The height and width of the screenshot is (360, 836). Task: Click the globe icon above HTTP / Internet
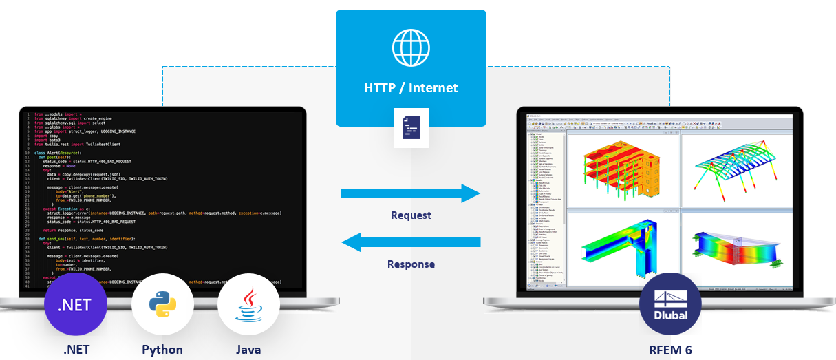point(411,47)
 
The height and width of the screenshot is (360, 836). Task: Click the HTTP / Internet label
point(411,88)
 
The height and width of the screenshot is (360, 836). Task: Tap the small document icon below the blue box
point(411,127)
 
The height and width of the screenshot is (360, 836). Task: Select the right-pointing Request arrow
point(411,193)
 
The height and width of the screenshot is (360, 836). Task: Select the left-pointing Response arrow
point(411,242)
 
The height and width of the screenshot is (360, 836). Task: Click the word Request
point(411,215)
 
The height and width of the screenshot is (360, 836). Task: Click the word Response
point(411,264)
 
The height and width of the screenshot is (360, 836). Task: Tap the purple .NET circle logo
point(76,305)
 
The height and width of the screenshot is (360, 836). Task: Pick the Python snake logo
point(162,305)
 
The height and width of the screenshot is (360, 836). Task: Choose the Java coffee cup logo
point(248,305)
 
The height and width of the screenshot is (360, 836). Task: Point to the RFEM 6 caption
point(669,350)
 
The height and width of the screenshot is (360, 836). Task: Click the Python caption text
point(162,350)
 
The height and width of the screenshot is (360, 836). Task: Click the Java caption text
point(248,350)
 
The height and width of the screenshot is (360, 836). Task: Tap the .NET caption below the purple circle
point(76,350)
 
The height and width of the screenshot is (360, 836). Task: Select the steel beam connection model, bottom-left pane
point(612,248)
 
